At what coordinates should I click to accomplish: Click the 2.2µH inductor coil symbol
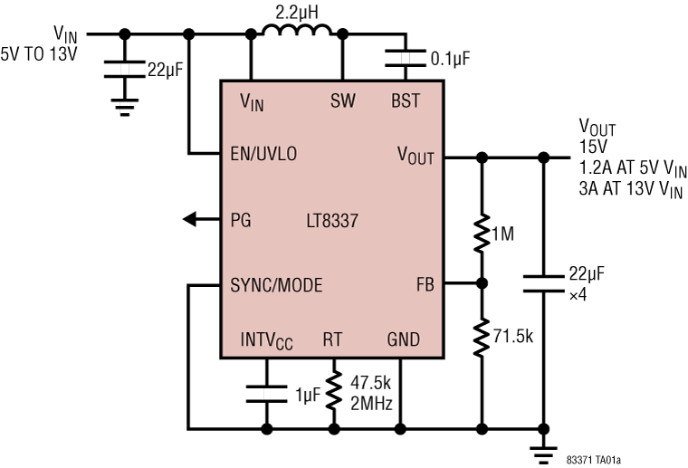tap(296, 33)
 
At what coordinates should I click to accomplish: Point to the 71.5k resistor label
tap(513, 337)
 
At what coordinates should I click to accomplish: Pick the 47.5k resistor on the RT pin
tap(333, 388)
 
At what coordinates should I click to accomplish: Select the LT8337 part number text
tap(332, 219)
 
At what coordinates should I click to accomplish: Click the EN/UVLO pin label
tap(263, 154)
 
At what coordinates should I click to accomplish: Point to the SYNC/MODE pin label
tap(276, 285)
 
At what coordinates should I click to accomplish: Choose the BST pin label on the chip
tap(405, 100)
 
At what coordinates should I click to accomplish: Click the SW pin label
tap(342, 100)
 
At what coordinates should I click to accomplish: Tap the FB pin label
tap(424, 285)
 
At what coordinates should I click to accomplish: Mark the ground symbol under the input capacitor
tap(125, 110)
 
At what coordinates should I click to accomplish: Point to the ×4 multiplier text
tap(578, 293)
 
